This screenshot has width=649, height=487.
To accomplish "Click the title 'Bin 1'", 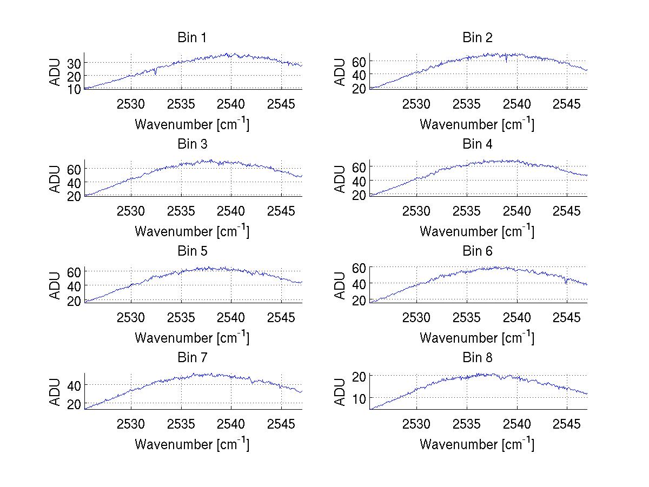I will point(192,38).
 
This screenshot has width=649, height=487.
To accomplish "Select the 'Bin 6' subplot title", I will point(478,251).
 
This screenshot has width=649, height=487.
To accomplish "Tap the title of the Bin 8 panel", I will point(478,358).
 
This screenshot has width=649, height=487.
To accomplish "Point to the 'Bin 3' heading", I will point(192,144).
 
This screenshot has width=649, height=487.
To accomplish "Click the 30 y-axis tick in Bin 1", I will point(74,63).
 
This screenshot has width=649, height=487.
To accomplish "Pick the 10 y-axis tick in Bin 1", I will point(74,89).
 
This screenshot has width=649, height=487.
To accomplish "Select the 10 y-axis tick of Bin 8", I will point(359,398).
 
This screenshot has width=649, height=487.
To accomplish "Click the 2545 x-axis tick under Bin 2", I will point(567,104).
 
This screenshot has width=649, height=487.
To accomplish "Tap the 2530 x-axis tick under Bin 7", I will point(131,424).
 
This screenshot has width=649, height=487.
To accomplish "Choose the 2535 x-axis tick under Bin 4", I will point(467,210).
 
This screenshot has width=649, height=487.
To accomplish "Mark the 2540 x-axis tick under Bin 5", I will point(231,317).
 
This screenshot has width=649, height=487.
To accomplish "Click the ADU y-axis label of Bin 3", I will point(56,179).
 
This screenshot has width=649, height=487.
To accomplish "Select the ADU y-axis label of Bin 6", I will point(341,285).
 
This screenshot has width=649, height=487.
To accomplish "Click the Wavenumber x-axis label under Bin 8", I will point(476,444).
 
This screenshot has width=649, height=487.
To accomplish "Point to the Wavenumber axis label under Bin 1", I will point(191,124).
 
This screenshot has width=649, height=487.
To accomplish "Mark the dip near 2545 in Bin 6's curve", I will point(566,282).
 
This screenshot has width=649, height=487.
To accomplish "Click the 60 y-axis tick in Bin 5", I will point(74,271).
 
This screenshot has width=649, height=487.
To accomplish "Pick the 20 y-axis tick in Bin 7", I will point(74,404).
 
